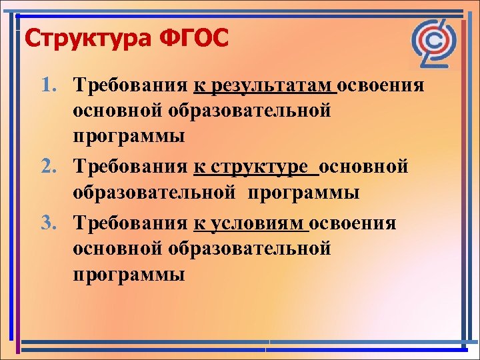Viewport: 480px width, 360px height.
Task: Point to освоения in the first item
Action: click(x=381, y=86)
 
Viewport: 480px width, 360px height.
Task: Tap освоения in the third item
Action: click(x=353, y=223)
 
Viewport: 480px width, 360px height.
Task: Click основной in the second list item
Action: click(x=364, y=167)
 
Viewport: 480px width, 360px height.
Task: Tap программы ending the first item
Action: click(x=129, y=138)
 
